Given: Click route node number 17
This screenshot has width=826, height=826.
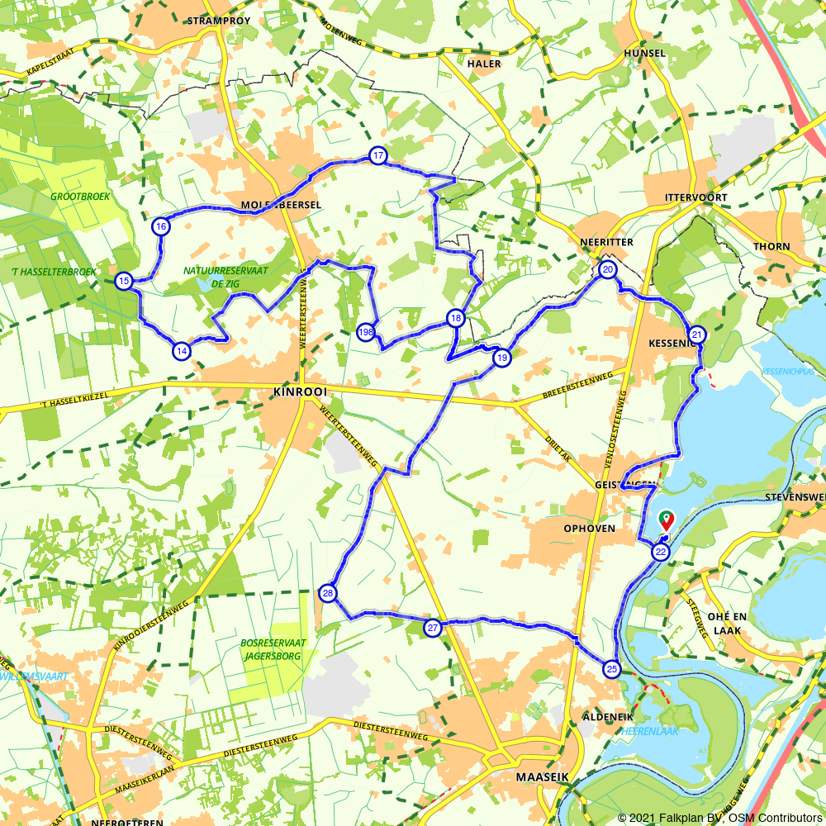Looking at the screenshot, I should (377, 155).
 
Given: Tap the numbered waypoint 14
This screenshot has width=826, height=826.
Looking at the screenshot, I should (181, 350).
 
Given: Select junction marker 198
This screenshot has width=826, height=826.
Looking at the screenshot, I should (367, 332).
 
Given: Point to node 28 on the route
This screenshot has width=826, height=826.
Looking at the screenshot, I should (328, 593).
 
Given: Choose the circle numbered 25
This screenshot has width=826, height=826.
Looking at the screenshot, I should (611, 669).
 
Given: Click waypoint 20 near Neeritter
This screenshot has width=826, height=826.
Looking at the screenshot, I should (608, 270).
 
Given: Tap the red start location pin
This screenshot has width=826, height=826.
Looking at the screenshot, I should (666, 520).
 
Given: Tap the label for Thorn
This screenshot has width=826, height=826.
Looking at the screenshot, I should (771, 246).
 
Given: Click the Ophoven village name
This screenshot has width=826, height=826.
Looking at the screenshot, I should (589, 528).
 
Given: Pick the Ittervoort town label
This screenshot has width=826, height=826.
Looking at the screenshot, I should (695, 197).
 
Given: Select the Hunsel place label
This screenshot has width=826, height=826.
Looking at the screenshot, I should (646, 53).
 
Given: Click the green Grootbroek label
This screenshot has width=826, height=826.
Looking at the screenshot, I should (74, 197).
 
